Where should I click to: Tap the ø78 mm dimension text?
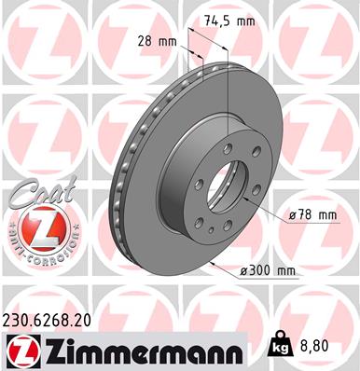tap(314, 214)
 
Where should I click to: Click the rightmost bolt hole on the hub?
tap(256, 195)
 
